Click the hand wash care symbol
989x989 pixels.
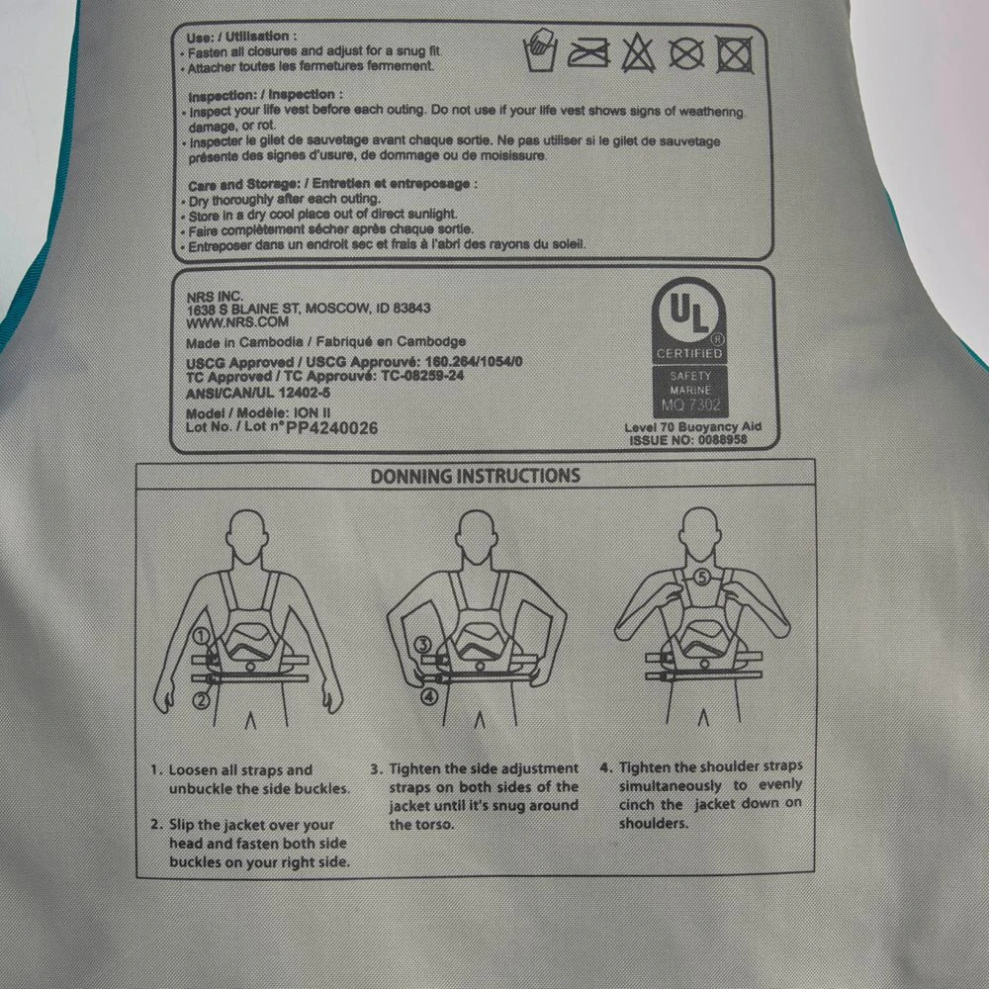[x=540, y=50]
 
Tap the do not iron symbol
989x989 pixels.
[x=588, y=53]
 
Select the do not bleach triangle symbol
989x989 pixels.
[x=638, y=53]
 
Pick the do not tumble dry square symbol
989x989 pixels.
[x=734, y=54]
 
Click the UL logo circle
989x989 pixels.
[x=687, y=313]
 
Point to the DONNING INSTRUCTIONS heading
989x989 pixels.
[x=475, y=476]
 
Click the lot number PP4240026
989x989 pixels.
[x=331, y=428]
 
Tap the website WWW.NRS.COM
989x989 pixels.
[x=237, y=322]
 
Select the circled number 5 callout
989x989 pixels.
[x=702, y=577]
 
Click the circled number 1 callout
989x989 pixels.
[x=201, y=636]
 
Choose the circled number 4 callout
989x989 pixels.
[x=429, y=697]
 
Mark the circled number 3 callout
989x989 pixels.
[x=423, y=645]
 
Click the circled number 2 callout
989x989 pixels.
[x=201, y=700]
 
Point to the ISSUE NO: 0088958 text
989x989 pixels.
[x=688, y=440]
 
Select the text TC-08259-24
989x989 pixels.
[x=422, y=375]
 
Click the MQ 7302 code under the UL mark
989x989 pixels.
[x=690, y=405]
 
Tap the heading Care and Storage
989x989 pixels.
[x=243, y=185]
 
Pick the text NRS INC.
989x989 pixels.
[x=215, y=297]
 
